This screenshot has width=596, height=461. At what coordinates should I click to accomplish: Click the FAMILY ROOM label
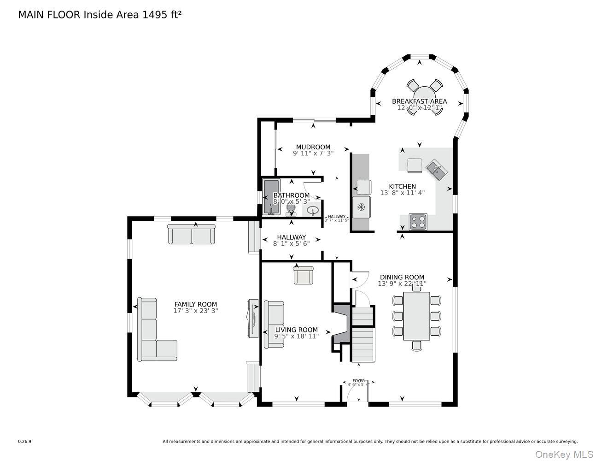click(195, 304)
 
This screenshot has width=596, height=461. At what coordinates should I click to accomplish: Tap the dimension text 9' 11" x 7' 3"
click(313, 153)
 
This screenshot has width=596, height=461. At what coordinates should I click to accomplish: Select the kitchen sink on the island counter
click(436, 171)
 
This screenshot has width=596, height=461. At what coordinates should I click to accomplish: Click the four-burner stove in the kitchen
click(418, 221)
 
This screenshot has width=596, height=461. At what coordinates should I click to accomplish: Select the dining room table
click(416, 316)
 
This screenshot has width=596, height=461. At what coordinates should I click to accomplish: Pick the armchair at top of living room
click(303, 275)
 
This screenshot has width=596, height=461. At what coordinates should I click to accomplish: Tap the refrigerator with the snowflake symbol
click(361, 207)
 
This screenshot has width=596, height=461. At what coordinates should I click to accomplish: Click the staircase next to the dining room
click(362, 334)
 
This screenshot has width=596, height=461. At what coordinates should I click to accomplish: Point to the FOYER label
click(358, 381)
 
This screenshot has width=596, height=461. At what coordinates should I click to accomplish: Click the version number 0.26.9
click(24, 441)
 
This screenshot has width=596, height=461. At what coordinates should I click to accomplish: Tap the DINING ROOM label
click(402, 278)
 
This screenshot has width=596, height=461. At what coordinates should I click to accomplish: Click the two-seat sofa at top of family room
click(191, 234)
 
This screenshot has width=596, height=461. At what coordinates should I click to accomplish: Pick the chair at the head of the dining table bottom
click(416, 346)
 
